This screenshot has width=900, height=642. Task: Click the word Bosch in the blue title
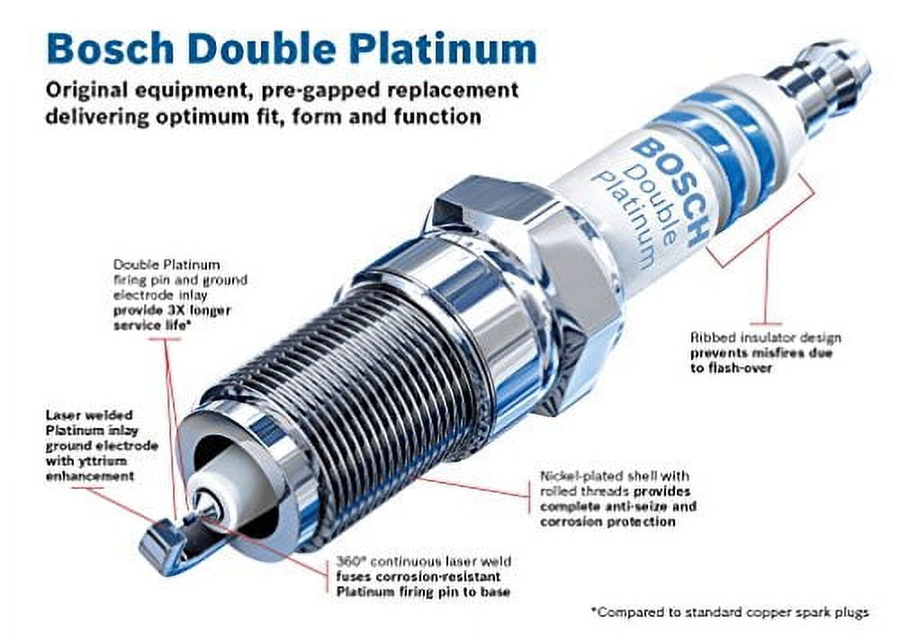(x=110, y=49)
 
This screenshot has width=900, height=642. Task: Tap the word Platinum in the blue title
(x=443, y=49)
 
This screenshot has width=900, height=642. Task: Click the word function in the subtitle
(x=438, y=116)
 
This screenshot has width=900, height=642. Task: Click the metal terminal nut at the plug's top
(x=822, y=80)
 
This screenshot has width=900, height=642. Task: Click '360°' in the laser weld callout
(x=347, y=561)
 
